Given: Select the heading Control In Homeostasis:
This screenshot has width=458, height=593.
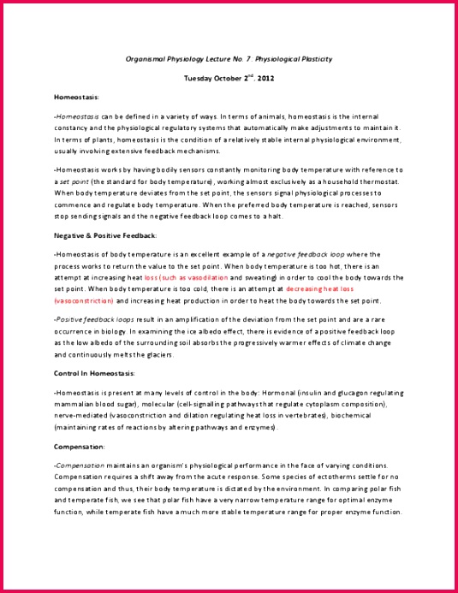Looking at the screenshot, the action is tap(96, 372).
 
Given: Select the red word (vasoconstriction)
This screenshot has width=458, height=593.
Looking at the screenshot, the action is tap(83, 301).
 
